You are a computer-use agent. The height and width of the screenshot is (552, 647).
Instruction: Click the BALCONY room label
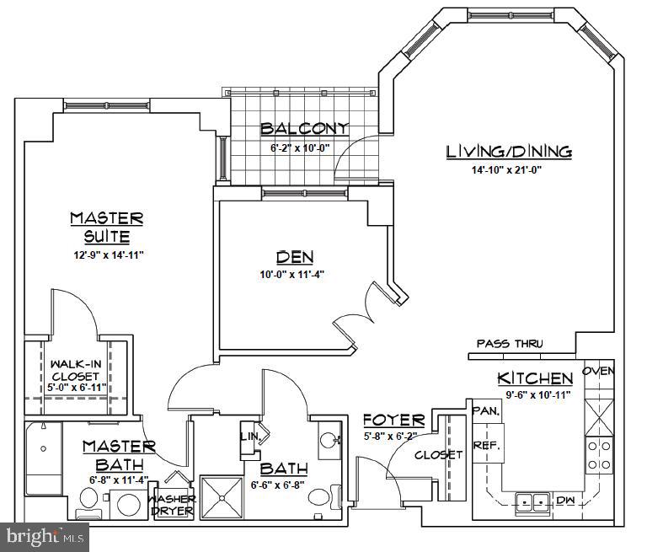tap(304, 129)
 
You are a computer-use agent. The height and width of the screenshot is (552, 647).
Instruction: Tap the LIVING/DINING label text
tap(509, 152)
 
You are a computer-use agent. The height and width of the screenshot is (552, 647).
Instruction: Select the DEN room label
tap(290, 257)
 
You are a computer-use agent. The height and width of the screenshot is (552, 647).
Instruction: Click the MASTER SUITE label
tap(106, 227)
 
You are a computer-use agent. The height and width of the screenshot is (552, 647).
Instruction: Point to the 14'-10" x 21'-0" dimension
tap(507, 169)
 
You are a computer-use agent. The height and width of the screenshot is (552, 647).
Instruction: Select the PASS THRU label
tap(510, 344)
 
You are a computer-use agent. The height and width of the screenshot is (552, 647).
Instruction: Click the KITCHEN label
tap(535, 378)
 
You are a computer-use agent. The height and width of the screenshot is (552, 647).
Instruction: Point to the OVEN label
tap(599, 371)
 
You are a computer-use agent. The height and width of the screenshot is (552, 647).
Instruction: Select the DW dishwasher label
tap(566, 501)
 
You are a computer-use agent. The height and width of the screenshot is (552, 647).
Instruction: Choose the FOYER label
tap(393, 421)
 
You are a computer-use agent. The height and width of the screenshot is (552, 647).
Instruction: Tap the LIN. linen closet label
tap(249, 436)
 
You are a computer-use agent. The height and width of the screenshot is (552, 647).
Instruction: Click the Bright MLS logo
tap(45, 535)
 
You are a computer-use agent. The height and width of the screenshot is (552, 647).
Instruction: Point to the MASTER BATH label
tap(119, 455)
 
